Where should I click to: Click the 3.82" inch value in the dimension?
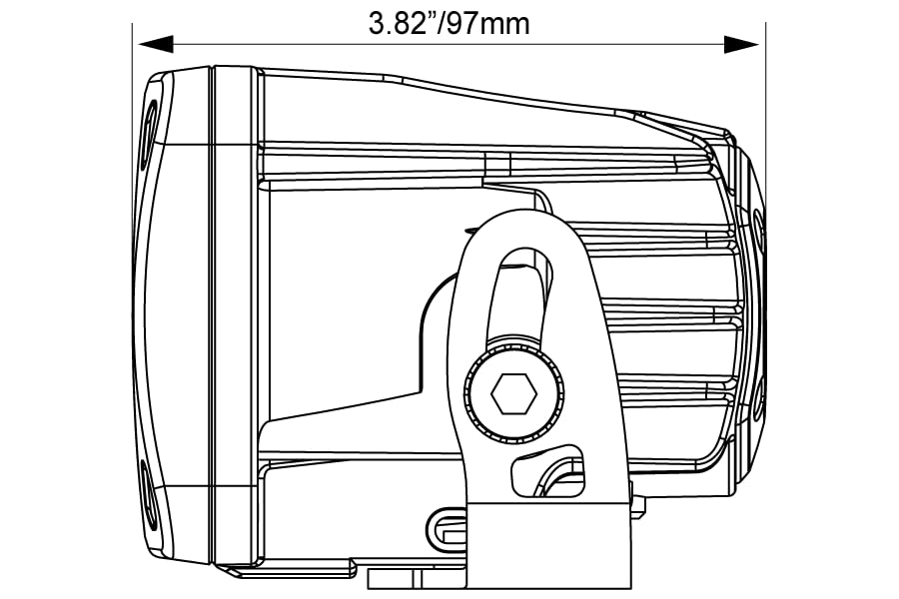(x=405, y=24)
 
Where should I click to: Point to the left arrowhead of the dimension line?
(x=156, y=44)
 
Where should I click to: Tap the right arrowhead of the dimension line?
(x=741, y=44)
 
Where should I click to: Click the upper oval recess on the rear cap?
(x=758, y=235)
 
